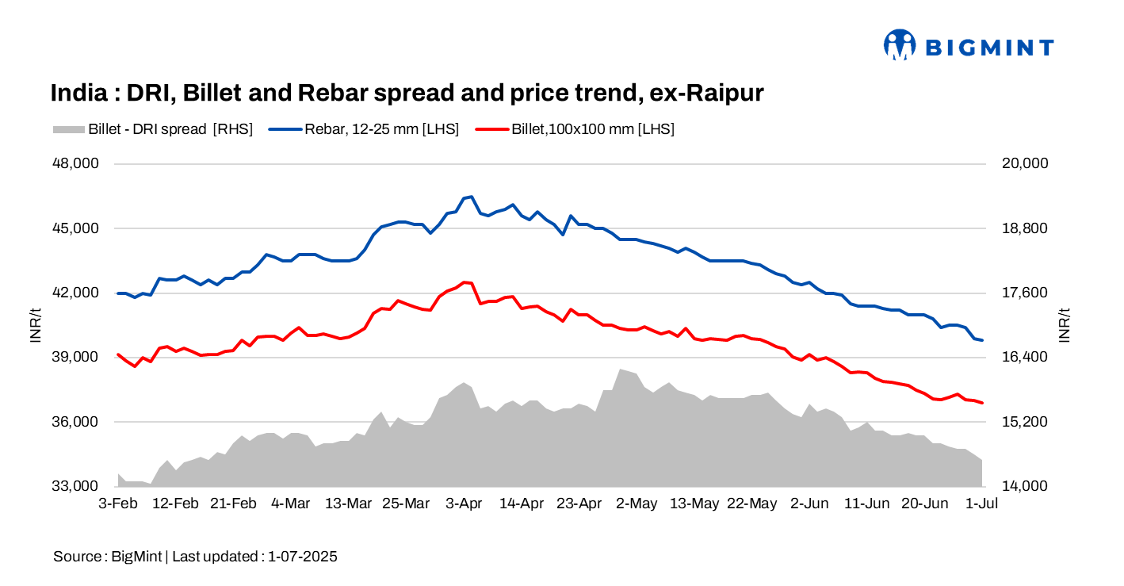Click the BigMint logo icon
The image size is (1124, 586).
point(900,45)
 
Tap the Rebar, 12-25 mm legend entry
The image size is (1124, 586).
point(364,129)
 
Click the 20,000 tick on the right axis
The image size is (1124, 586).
point(1026,164)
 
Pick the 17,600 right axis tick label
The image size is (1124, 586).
point(1026,293)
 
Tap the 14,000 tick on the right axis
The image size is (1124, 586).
point(1026,486)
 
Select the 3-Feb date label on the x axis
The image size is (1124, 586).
point(117,504)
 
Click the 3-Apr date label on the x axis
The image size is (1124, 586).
point(464,504)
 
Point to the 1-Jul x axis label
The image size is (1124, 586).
point(981,504)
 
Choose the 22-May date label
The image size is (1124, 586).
point(751,504)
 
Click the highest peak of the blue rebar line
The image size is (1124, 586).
point(472,197)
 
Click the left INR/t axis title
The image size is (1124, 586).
point(36,325)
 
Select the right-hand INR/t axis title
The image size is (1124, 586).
point(1065,325)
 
